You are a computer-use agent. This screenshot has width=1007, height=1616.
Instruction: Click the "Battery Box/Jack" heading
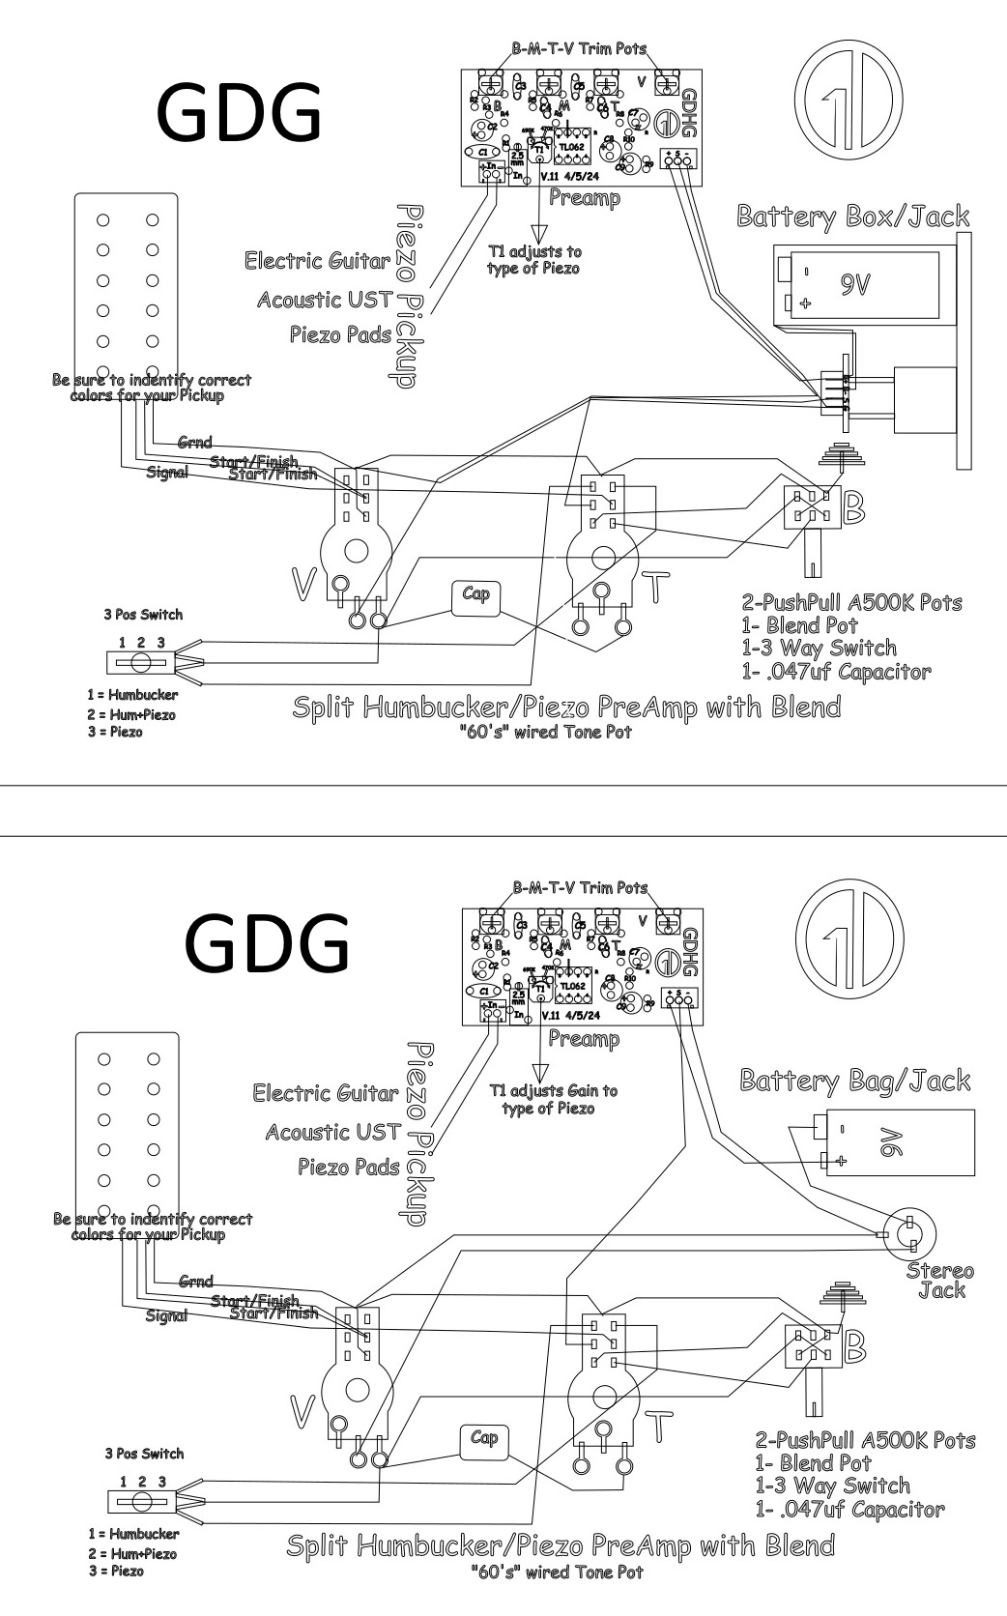852,216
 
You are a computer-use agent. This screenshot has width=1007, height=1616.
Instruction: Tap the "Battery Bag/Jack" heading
854,1080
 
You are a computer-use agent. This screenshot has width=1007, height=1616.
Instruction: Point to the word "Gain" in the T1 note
575,1090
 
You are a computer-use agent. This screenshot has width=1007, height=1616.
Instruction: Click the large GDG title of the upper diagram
239,112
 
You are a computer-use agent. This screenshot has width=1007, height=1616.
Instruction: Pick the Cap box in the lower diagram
483,1438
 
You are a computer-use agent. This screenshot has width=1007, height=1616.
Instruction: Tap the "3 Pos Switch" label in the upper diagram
142,614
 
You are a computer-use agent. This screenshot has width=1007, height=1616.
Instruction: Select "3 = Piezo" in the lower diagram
115,1571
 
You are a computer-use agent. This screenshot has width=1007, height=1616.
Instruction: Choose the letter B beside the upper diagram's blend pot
854,509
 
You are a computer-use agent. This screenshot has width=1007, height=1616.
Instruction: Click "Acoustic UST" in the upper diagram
326,300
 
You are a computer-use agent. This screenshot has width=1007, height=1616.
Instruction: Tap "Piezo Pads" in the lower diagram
349,1167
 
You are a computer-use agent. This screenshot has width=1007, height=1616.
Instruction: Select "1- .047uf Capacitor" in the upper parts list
837,671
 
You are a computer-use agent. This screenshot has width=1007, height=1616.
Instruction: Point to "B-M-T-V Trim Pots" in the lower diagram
580,887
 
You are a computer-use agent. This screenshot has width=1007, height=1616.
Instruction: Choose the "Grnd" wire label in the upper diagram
194,442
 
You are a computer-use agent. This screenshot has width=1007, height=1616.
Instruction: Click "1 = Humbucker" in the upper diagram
132,694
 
